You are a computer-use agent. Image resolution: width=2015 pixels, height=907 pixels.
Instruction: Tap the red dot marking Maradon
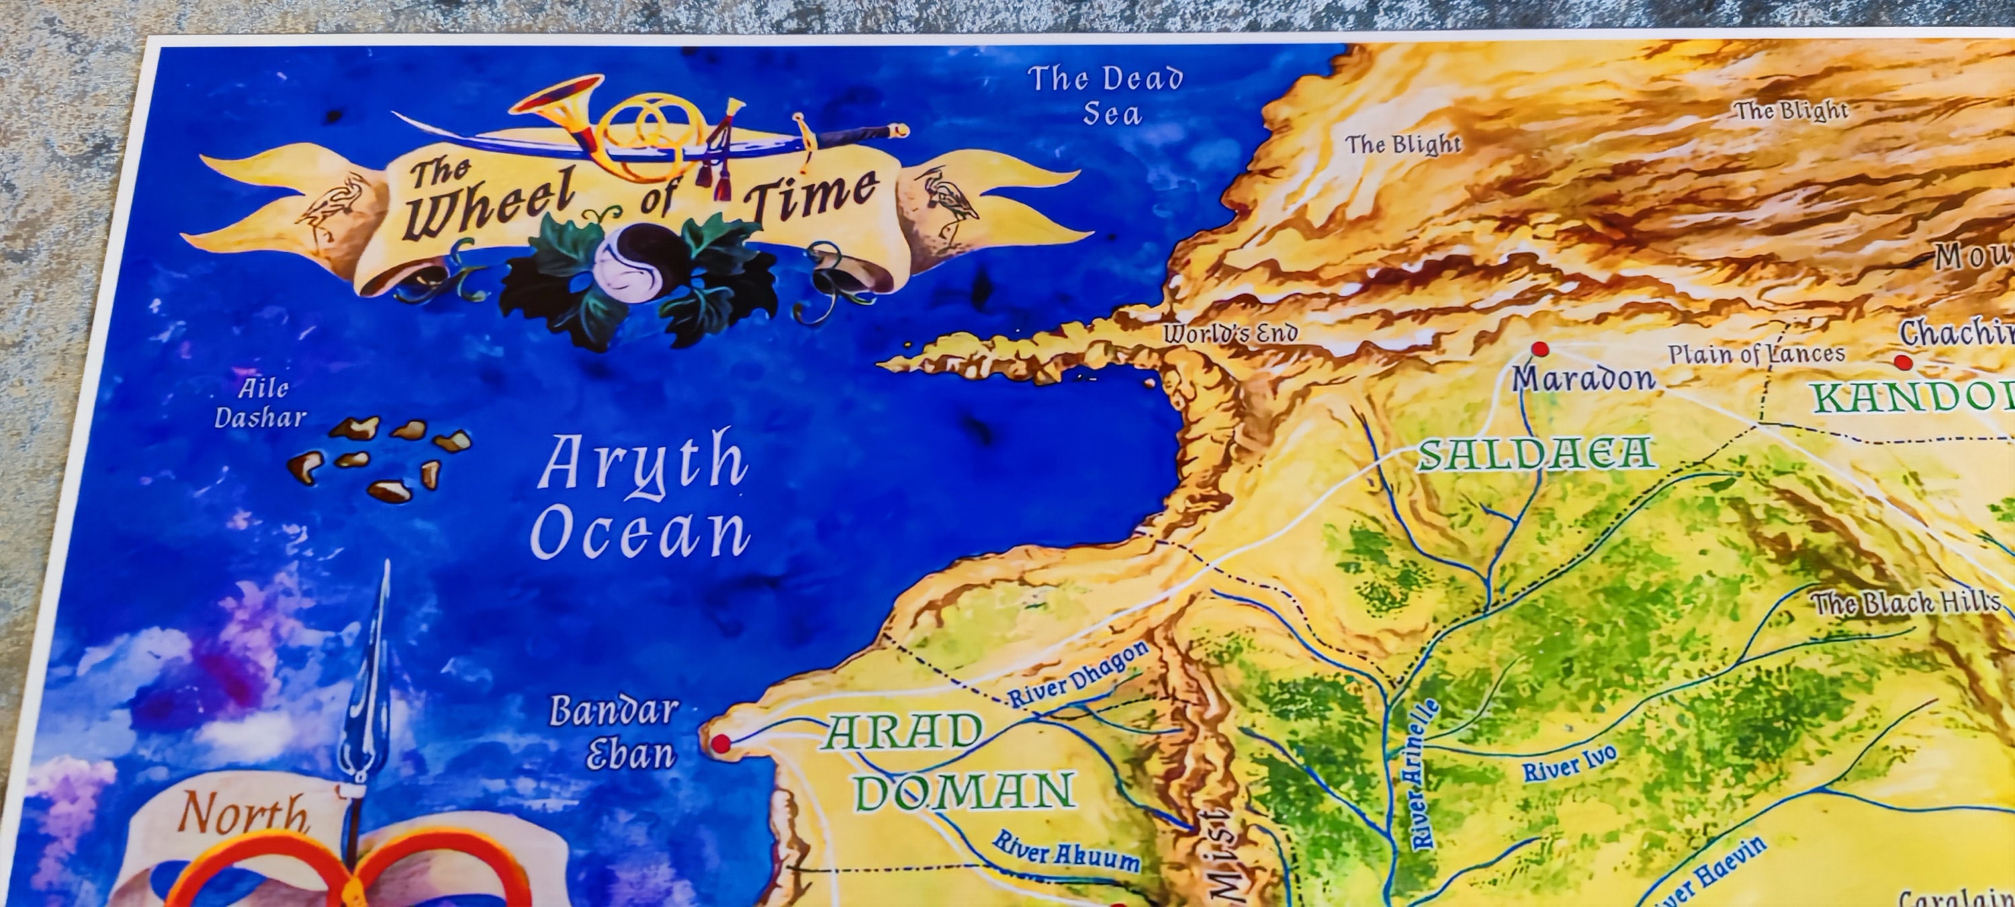1540,349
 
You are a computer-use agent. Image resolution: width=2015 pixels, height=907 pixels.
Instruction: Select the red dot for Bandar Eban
721,742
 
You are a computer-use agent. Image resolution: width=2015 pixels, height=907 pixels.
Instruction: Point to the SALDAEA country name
1537,454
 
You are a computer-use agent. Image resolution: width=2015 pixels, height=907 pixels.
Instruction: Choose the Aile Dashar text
261,403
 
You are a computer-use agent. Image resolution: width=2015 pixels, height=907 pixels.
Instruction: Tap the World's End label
1230,334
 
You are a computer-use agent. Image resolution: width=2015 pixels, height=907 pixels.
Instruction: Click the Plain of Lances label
1756,353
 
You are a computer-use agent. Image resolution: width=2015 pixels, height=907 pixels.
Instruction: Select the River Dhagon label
1078,675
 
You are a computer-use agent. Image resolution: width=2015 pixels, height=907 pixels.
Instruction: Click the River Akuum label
1065,850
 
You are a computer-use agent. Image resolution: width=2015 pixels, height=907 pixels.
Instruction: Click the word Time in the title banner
809,195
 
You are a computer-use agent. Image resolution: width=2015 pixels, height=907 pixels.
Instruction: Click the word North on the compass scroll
242,813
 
